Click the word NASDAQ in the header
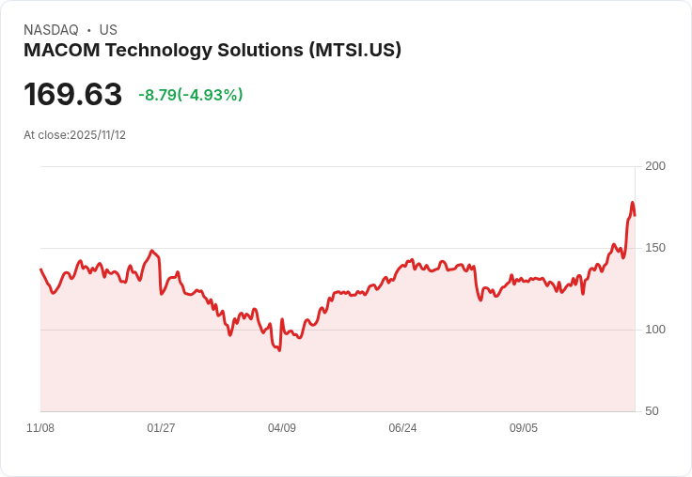point(51,30)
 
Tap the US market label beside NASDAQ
point(108,30)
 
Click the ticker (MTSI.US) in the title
point(355,51)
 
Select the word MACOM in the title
point(55,51)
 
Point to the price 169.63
point(72,95)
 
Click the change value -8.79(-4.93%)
point(191,95)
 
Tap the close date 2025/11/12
point(98,135)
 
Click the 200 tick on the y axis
point(655,166)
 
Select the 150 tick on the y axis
point(655,248)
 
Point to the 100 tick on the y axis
point(655,330)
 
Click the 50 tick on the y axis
point(652,411)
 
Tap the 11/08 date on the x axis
point(40,428)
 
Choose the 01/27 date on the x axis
point(161,428)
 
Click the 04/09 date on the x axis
point(282,428)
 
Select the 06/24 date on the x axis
point(402,428)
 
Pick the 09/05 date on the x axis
point(524,428)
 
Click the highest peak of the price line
point(633,203)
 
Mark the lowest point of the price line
point(279,350)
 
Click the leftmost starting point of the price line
point(40,269)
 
